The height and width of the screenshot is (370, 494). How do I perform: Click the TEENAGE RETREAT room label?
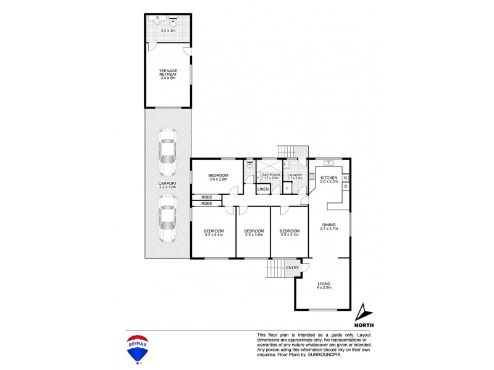(168, 75)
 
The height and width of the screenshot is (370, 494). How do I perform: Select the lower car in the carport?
(167, 219)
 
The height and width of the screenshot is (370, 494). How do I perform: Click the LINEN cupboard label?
(263, 189)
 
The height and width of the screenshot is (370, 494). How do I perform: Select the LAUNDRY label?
(295, 176)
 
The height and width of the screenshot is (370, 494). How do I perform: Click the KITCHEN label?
(329, 179)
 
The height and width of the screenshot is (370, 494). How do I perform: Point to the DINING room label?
(328, 226)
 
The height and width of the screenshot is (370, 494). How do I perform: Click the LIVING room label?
(324, 286)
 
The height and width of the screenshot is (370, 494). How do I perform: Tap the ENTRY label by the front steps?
(292, 268)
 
